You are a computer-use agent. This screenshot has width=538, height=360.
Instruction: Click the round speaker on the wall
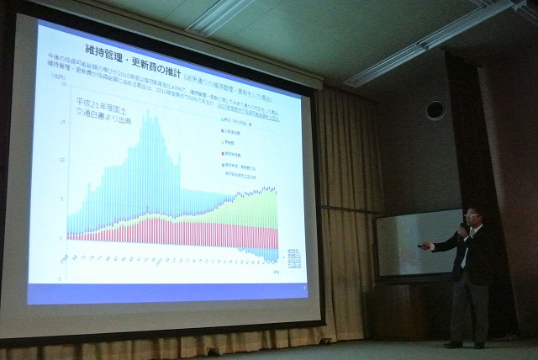tap(435, 109)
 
